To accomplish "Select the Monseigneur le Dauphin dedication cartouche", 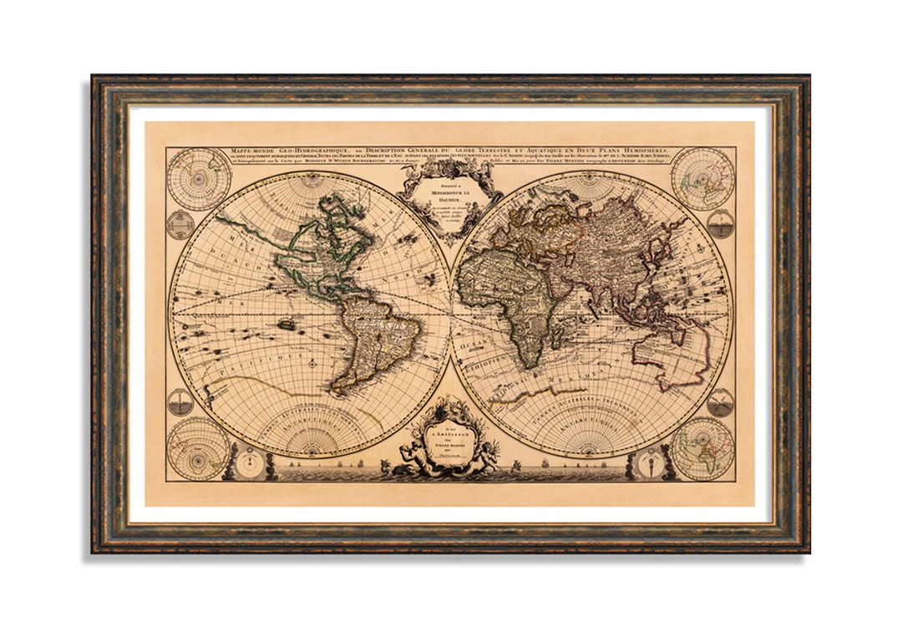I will [x=449, y=198].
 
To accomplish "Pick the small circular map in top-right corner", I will [x=702, y=177].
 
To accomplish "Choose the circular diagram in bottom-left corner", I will [x=198, y=448].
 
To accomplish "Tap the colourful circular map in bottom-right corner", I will [x=702, y=448].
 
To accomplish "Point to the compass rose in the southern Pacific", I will [x=312, y=363].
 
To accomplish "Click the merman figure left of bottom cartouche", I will [x=409, y=460].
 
